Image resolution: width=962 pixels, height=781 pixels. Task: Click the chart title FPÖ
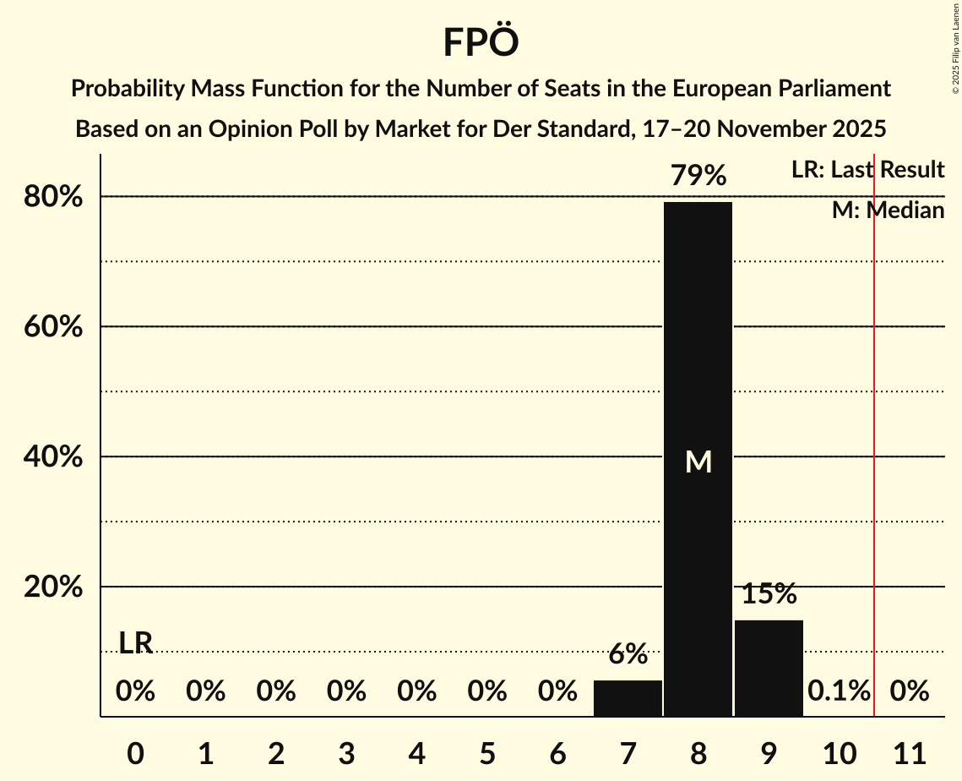point(481,42)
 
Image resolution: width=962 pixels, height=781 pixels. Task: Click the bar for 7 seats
point(628,698)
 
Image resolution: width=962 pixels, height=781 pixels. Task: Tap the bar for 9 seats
point(769,668)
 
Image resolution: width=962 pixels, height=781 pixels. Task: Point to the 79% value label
point(698,176)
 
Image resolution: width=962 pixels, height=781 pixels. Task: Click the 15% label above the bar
point(769,594)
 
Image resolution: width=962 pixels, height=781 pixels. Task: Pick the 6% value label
point(628,653)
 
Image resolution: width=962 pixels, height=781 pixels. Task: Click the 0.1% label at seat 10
point(839,691)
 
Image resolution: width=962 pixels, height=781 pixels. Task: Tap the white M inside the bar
point(698,461)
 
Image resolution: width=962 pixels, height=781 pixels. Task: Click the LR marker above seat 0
point(135,643)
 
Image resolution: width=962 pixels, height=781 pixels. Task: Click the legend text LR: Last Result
point(867,170)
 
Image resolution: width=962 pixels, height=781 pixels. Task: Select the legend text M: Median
point(888,210)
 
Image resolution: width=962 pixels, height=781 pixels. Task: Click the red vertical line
point(874,423)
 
